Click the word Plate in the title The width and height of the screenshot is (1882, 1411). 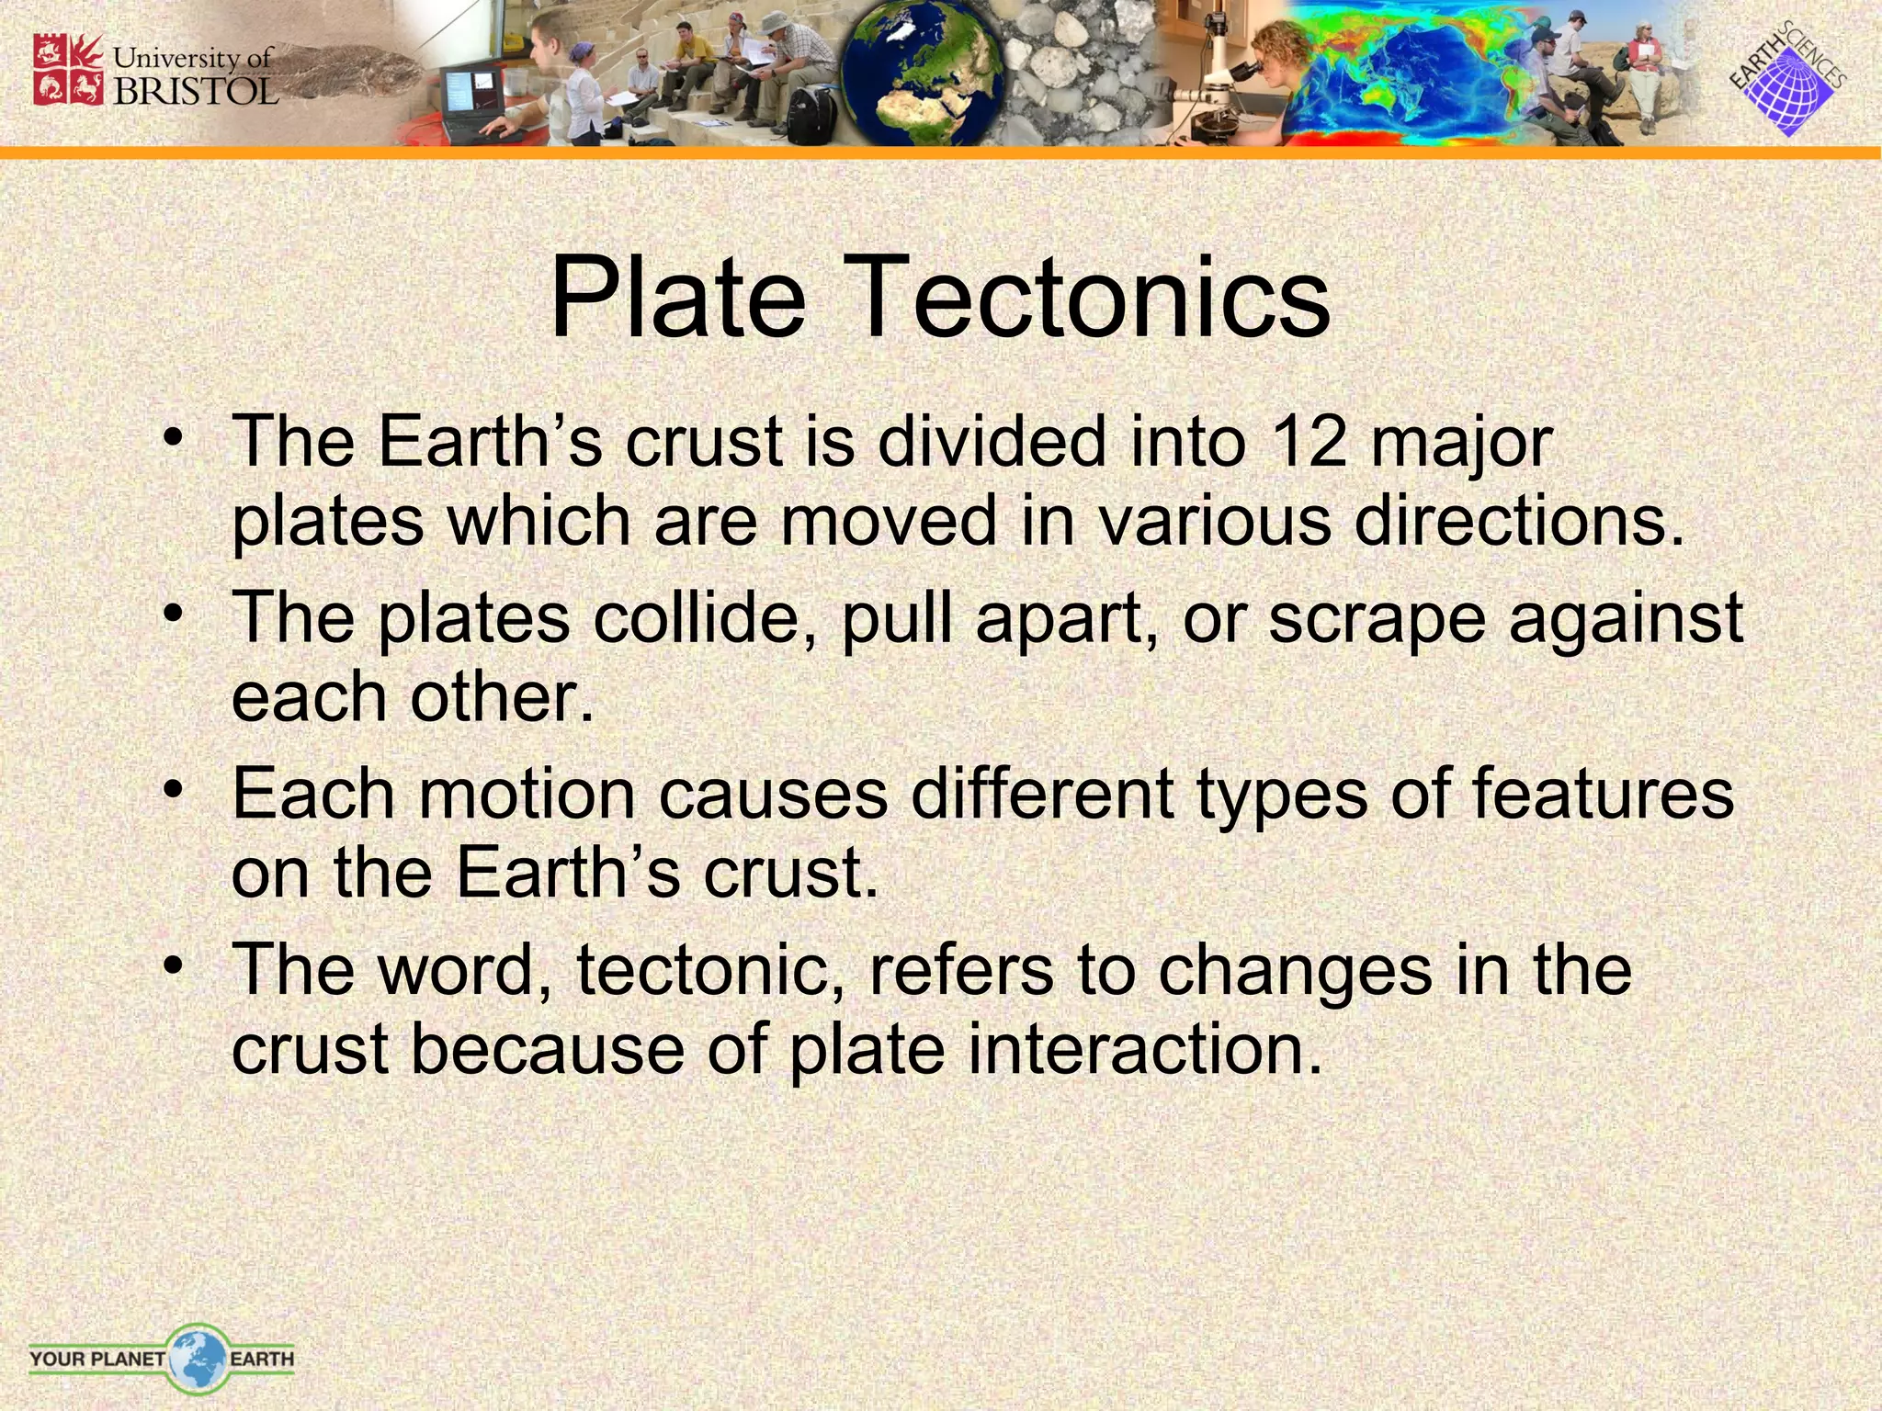pyautogui.click(x=677, y=299)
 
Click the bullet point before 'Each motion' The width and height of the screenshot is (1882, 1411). pyautogui.click(x=173, y=791)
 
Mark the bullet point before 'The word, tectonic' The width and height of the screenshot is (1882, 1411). pyautogui.click(x=173, y=967)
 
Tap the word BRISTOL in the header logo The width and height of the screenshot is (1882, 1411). pyautogui.click(x=196, y=90)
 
